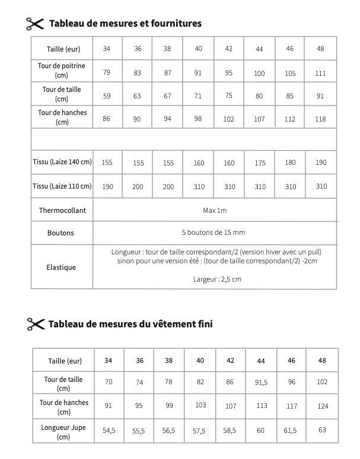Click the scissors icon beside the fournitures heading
click(x=35, y=24)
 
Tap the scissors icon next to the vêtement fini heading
click(x=36, y=324)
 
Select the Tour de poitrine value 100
click(x=259, y=74)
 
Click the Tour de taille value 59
click(x=107, y=96)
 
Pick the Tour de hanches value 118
click(x=320, y=119)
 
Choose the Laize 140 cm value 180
click(x=290, y=162)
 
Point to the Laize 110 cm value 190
click(x=107, y=187)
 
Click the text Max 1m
click(x=215, y=211)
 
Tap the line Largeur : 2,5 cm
click(x=217, y=279)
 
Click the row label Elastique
click(x=61, y=267)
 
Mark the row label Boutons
click(x=61, y=233)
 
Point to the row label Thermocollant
click(x=61, y=211)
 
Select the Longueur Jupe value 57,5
click(x=199, y=432)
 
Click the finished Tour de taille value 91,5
click(x=261, y=383)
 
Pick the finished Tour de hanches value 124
click(x=322, y=406)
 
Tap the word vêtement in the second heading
click(x=168, y=324)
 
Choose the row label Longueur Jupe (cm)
click(x=65, y=431)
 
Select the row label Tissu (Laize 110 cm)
click(x=62, y=186)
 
